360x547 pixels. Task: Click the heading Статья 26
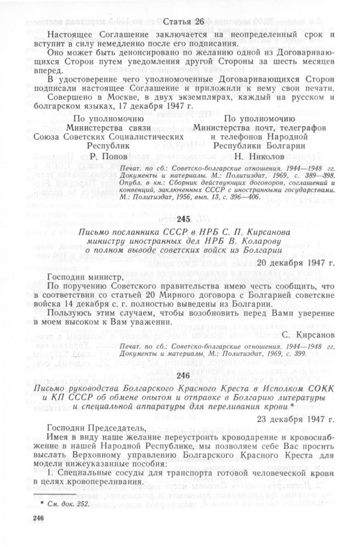(x=181, y=22)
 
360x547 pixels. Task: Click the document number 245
(x=180, y=219)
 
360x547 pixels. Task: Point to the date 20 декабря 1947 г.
(x=302, y=262)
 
